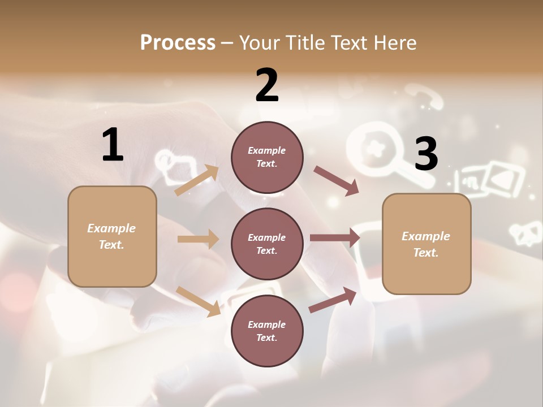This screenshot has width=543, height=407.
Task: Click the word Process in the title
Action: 178,43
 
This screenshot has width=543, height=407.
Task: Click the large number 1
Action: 113,145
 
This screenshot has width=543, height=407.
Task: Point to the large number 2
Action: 267,85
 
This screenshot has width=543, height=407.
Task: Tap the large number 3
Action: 426,154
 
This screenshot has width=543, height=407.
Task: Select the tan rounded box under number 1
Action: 112,236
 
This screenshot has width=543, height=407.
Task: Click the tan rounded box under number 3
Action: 426,244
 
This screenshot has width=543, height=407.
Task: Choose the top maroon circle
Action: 267,157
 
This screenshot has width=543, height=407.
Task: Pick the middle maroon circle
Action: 267,244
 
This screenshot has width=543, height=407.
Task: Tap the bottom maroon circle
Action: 267,331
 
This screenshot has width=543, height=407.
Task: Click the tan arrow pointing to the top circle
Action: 197,180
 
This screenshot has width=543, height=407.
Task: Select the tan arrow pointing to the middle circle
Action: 198,239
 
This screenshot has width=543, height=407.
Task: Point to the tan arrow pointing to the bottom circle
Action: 199,301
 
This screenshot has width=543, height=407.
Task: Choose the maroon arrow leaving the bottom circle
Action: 333,300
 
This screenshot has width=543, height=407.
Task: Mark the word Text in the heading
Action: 351,43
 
